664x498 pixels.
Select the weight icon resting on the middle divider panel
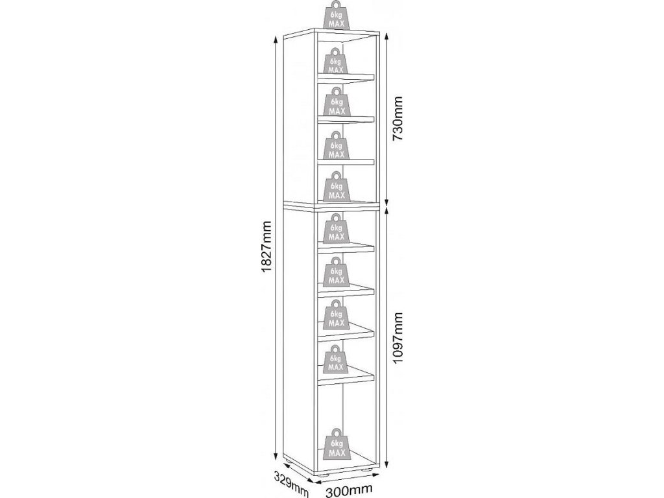336,188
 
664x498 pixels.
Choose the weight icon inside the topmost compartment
336,61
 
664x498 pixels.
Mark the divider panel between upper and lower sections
331,206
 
